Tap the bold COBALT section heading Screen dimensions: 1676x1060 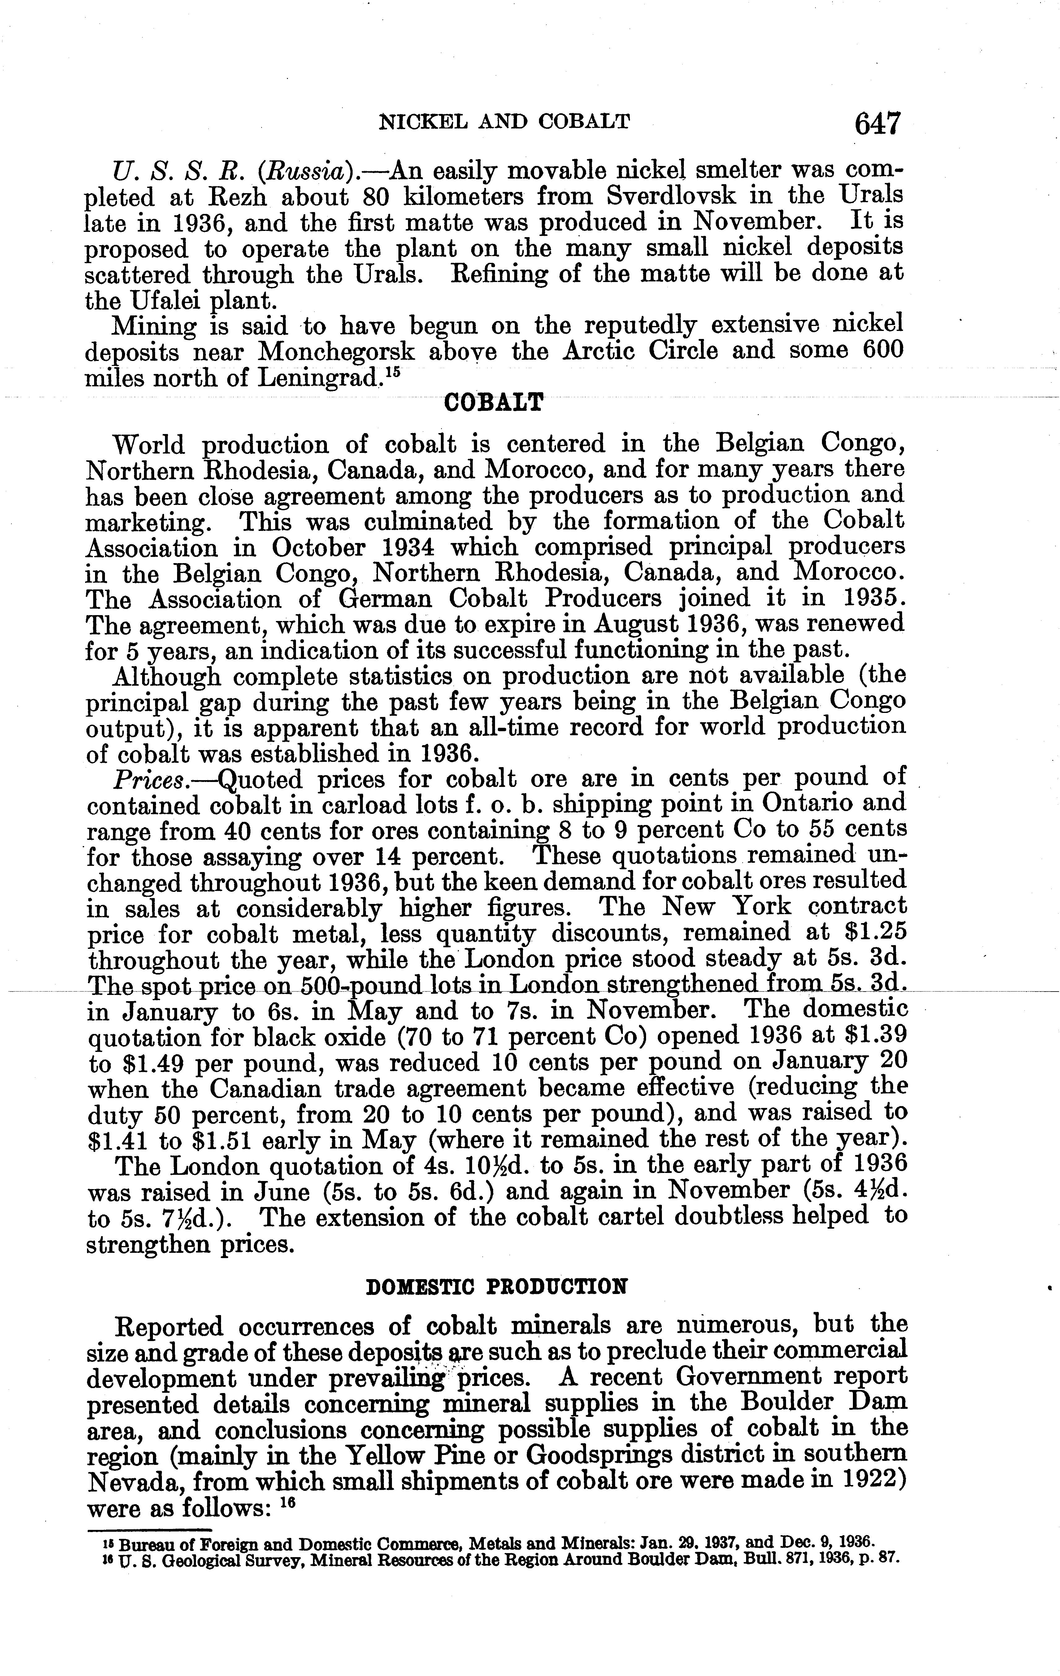point(493,404)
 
